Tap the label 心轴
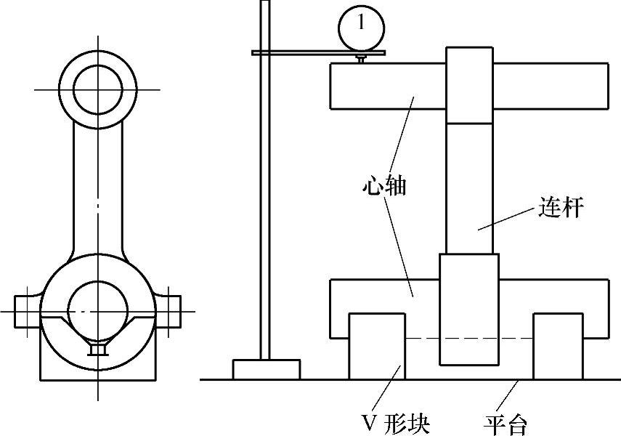pos(383,186)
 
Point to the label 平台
pos(506,423)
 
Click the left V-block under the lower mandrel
pos(377,346)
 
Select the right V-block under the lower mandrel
pos(557,346)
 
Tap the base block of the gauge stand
pos(266,369)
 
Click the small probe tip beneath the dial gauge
pos(361,59)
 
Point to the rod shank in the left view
pos(97,189)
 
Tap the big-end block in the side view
pos(469,309)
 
